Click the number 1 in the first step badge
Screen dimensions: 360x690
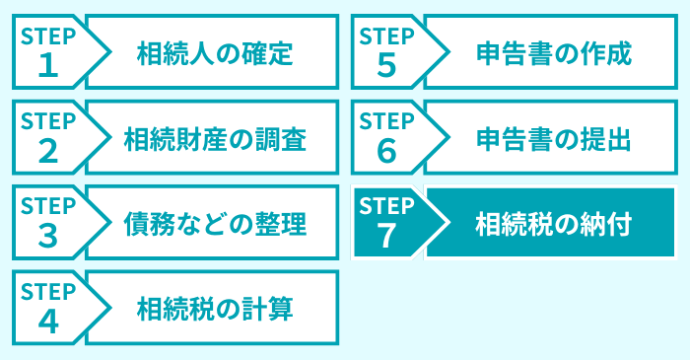tap(48, 65)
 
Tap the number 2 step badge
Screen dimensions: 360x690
tap(48, 150)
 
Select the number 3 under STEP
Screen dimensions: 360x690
tap(48, 236)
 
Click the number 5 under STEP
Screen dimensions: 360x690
tap(385, 65)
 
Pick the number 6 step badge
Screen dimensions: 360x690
tap(385, 150)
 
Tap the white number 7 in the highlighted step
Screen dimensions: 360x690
tap(385, 236)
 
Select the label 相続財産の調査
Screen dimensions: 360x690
tap(215, 138)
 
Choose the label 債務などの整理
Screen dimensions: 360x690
tap(215, 224)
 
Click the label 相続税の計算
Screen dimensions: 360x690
tap(215, 309)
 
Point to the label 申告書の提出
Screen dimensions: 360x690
tap(552, 138)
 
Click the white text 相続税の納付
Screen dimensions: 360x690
tap(552, 223)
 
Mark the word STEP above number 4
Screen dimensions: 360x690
tap(48, 292)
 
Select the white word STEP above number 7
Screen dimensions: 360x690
tap(385, 206)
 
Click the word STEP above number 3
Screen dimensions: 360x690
tap(48, 206)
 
